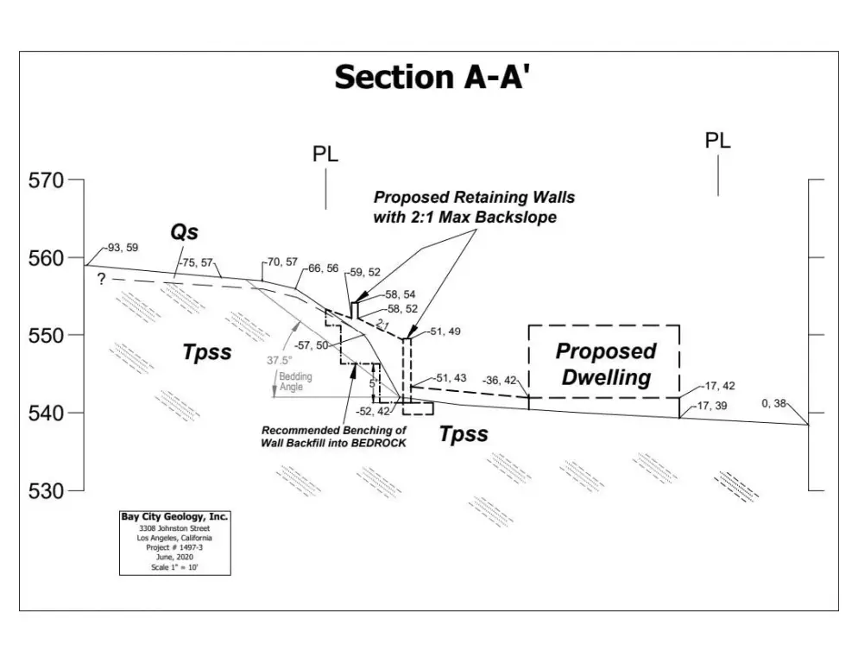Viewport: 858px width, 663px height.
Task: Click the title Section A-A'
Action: tap(431, 77)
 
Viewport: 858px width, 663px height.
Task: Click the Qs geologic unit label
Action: tap(183, 232)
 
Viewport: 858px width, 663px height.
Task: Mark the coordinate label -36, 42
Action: tap(502, 380)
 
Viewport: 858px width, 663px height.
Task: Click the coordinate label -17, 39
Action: tap(713, 405)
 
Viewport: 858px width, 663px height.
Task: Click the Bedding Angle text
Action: tap(294, 382)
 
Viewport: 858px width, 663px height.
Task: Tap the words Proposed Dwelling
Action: tap(604, 364)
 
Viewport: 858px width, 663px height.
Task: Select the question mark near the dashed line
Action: tap(101, 280)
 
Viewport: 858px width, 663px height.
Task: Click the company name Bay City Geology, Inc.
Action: tap(174, 516)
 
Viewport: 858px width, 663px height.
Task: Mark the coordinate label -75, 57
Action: tap(196, 262)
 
